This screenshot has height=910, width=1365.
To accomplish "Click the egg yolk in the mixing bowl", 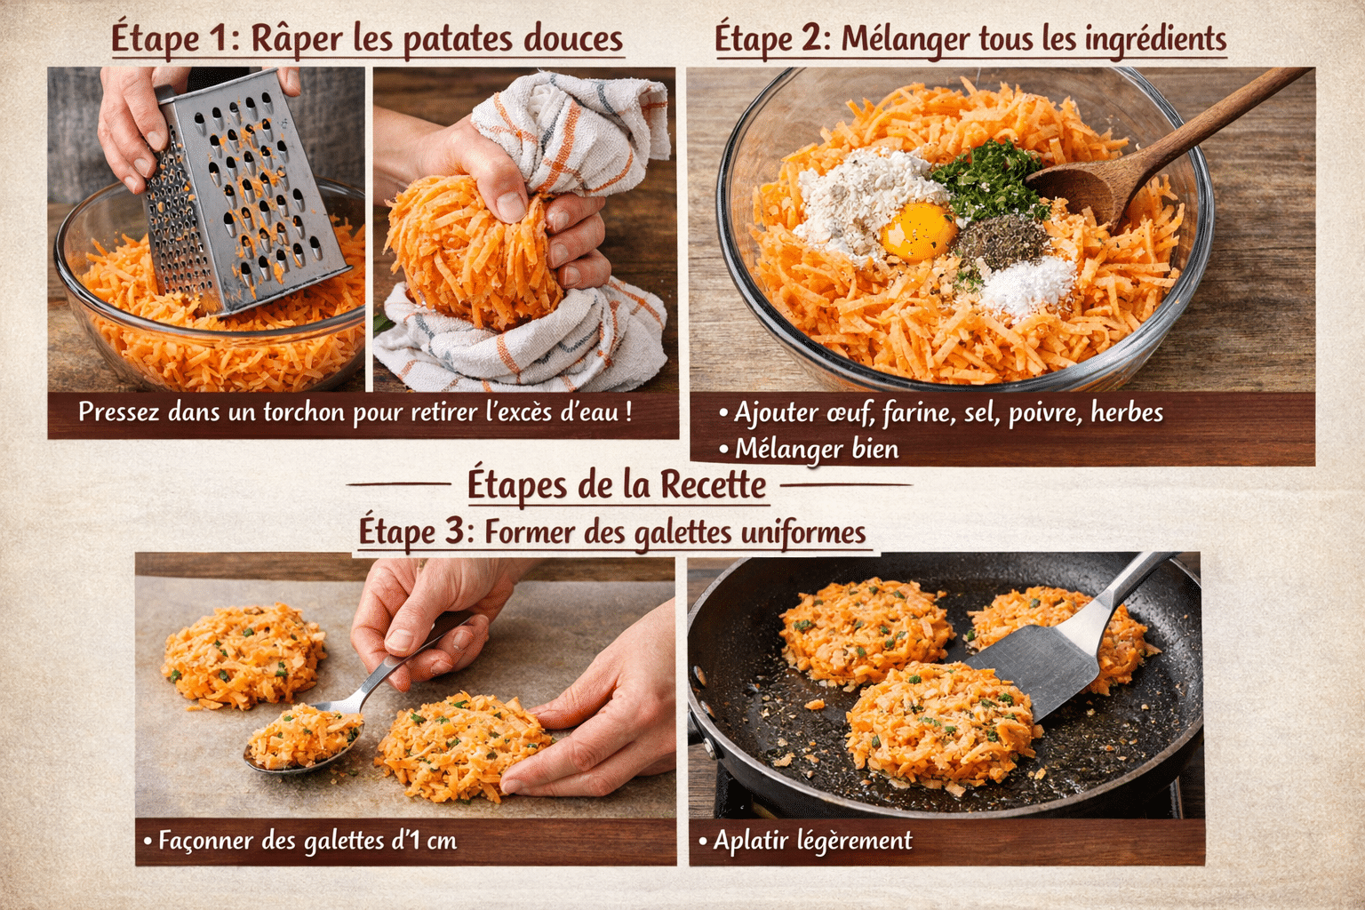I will coord(918,231).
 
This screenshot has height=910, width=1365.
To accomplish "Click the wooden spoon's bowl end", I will coord(1074,190).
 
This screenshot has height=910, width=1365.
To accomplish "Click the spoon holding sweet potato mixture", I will coord(302,738).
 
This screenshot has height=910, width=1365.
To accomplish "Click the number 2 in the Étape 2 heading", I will coord(810,39).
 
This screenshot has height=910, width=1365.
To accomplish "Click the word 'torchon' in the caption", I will coord(303,412).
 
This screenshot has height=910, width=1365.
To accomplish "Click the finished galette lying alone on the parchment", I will coord(243,655).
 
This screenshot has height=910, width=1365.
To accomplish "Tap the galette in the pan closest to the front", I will coord(938,724).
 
